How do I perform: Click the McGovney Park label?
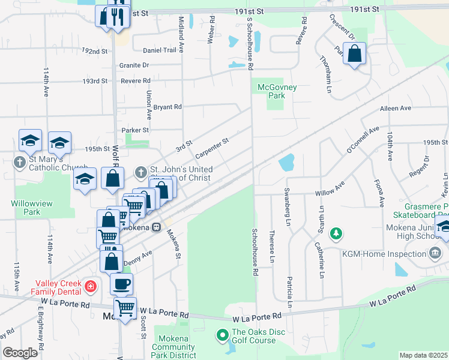pyautogui.click(x=277, y=91)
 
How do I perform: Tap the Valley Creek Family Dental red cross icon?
pyautogui.click(x=91, y=287)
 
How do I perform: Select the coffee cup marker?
pyautogui.click(x=121, y=283)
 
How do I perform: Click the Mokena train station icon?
pyautogui.click(x=156, y=227)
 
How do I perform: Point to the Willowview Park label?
pyautogui.click(x=32, y=208)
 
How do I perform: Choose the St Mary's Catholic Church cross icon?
pyautogui.click(x=20, y=161)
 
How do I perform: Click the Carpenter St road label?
pyautogui.click(x=212, y=145)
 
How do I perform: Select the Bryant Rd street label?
pyautogui.click(x=167, y=107)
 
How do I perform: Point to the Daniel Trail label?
pyautogui.click(x=160, y=50)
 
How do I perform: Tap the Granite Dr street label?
pyautogui.click(x=134, y=65)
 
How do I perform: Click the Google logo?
pyautogui.click(x=20, y=353)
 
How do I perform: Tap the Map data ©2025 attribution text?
pyautogui.click(x=423, y=355)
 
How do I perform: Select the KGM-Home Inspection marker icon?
pyautogui.click(x=435, y=254)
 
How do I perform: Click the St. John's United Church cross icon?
pyautogui.click(x=140, y=173)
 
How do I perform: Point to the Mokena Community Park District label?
pyautogui.click(x=173, y=347)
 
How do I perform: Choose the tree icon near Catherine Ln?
pyautogui.click(x=337, y=232)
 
